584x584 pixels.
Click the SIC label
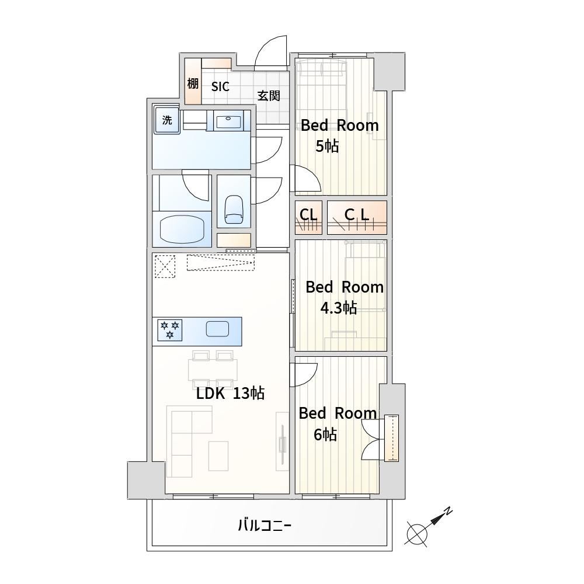(x=220, y=87)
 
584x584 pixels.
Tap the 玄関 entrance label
(x=269, y=96)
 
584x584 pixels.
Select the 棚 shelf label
(x=193, y=84)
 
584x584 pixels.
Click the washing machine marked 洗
(x=167, y=120)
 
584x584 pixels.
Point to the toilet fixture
(x=234, y=209)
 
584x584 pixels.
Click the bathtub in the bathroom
(x=182, y=230)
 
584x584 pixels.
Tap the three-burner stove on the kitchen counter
(x=169, y=330)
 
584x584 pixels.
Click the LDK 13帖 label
(x=230, y=393)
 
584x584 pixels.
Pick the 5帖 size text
(x=327, y=147)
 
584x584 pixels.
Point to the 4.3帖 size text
(x=339, y=308)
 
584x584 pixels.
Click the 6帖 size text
(x=325, y=434)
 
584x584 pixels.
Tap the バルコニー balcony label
(x=265, y=526)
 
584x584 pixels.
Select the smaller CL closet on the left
(x=308, y=217)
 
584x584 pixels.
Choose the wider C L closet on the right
(x=357, y=217)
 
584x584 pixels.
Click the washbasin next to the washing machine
(x=228, y=121)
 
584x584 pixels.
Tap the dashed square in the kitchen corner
(x=165, y=266)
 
